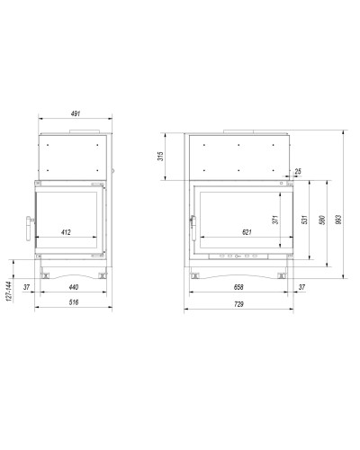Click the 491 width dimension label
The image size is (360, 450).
pyautogui.click(x=76, y=113)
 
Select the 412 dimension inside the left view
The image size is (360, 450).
pyautogui.click(x=66, y=232)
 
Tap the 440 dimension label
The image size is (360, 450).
pyautogui.click(x=74, y=287)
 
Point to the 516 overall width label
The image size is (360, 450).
pyautogui.click(x=74, y=302)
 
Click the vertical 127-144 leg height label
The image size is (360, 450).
pyautogui.click(x=9, y=292)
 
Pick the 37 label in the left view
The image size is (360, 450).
pyautogui.click(x=27, y=287)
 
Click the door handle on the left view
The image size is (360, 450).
pyautogui.click(x=29, y=229)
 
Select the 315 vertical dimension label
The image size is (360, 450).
pyautogui.click(x=161, y=157)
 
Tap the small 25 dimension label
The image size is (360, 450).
pyautogui.click(x=298, y=171)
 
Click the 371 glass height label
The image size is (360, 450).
pyautogui.click(x=275, y=220)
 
